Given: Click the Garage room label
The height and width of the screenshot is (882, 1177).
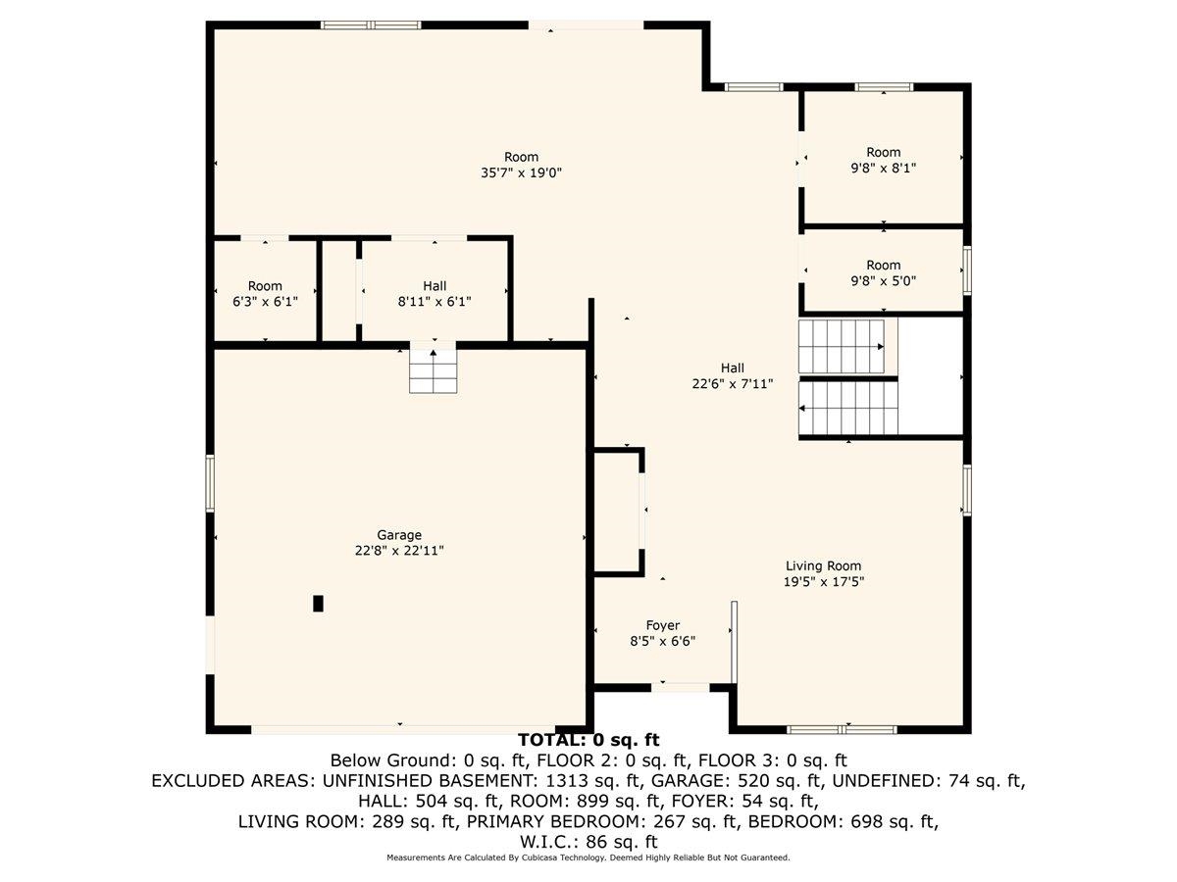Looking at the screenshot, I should tap(399, 535).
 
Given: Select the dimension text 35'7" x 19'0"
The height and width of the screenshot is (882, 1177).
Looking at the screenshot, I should tap(521, 172).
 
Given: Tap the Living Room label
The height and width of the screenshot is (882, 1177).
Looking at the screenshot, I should tap(824, 565).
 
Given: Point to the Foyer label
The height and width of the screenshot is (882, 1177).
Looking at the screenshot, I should tap(662, 625).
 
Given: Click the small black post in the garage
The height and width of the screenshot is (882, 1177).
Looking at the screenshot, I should tap(318, 604).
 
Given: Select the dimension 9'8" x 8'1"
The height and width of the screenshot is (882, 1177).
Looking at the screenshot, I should tap(883, 168).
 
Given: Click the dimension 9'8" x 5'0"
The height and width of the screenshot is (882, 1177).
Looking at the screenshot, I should tap(883, 281).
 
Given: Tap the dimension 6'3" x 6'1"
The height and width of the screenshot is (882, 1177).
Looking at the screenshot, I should tap(265, 302).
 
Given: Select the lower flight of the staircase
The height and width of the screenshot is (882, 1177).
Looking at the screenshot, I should tap(848, 408).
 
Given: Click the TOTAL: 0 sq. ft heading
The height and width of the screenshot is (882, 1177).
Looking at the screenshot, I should tap(588, 740).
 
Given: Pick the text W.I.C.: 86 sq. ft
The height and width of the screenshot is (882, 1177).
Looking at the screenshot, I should tap(588, 841).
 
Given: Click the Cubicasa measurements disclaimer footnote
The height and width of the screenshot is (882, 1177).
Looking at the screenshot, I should tap(588, 857).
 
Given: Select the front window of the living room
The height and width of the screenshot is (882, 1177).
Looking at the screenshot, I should tap(843, 729).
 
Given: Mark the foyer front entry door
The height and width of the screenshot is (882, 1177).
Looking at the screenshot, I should tap(681, 687).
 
